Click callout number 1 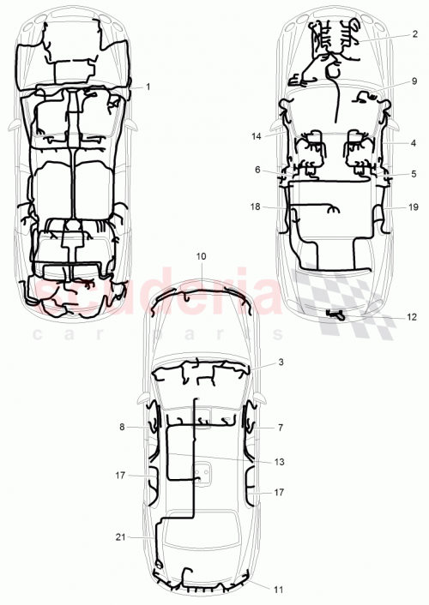(x=148, y=87)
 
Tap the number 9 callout (x=414, y=81)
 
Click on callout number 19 (x=414, y=207)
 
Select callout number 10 (x=202, y=256)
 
